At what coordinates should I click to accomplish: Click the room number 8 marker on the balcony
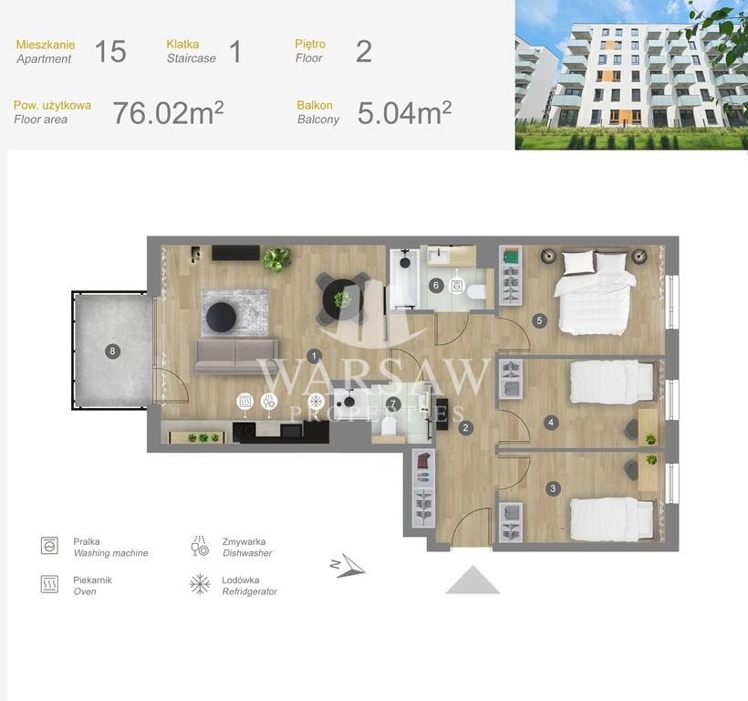112,351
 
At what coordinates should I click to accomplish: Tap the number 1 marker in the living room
314,355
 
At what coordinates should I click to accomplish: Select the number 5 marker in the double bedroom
539,320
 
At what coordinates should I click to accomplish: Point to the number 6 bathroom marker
436,286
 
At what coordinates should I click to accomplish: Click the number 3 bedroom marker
553,488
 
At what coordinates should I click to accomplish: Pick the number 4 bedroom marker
551,423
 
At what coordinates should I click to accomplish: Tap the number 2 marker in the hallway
466,427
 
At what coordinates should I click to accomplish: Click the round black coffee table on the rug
222,317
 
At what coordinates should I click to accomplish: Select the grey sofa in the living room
236,356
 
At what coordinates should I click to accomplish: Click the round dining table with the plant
342,299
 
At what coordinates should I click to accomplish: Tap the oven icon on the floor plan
245,401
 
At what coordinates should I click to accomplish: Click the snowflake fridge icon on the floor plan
316,401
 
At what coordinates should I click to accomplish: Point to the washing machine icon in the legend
49,546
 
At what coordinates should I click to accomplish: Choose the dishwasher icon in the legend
200,546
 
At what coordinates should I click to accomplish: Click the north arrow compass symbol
348,566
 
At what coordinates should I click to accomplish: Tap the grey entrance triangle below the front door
473,580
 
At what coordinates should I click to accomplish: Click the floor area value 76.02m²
168,112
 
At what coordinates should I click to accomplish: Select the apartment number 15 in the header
110,51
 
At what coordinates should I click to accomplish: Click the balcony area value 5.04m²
404,112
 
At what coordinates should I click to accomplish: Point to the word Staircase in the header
192,58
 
